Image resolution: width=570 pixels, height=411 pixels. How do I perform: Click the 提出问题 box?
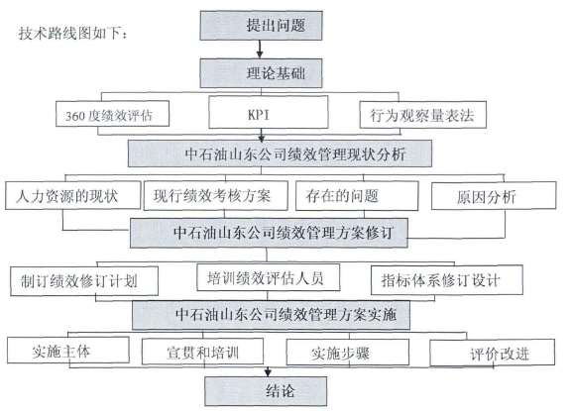click(261, 26)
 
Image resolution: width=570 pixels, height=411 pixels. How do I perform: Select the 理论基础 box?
click(261, 73)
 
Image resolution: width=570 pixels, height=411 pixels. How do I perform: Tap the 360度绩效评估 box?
click(112, 114)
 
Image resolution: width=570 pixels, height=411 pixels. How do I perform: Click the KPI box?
click(269, 112)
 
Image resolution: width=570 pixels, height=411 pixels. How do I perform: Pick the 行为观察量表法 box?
click(422, 115)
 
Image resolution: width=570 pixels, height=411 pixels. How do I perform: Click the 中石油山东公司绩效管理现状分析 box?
click(280, 154)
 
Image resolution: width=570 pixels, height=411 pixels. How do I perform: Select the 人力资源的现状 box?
click(72, 195)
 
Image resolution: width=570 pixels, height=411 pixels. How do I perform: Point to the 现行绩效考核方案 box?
click(215, 196)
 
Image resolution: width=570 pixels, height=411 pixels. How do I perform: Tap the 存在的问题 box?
click(357, 196)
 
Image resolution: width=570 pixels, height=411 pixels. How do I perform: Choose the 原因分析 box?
click(494, 196)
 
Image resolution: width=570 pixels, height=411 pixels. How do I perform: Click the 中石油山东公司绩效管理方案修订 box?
click(269, 233)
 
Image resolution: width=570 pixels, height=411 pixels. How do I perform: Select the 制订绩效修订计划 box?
click(84, 281)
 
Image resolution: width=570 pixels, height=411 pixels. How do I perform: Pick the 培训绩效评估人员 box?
click(269, 277)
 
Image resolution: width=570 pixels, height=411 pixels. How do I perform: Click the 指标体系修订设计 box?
click(447, 280)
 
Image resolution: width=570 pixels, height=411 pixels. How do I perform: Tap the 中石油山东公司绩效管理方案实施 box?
click(271, 315)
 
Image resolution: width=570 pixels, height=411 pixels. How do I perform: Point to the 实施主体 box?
click(68, 350)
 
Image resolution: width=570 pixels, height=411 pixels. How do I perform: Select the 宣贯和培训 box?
click(202, 352)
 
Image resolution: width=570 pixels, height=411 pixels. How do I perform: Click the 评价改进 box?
click(493, 353)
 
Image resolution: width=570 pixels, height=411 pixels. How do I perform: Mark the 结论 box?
click(266, 391)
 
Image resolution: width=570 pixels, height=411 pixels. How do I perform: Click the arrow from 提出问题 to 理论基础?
click(260, 50)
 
